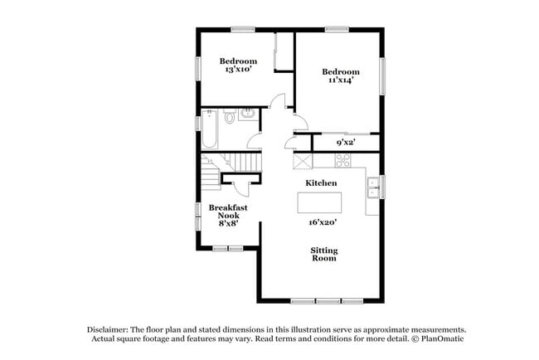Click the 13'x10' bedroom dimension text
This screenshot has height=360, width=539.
click(x=237, y=71)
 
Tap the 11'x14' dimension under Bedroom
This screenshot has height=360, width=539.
click(x=341, y=81)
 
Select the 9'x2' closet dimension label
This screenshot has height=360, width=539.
click(x=346, y=143)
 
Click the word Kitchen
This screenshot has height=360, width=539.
click(x=321, y=182)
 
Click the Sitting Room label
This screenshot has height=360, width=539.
click(x=323, y=254)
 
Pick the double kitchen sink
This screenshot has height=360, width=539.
click(x=374, y=187)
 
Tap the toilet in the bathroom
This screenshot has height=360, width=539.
click(x=230, y=117)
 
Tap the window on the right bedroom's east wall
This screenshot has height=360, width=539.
click(x=382, y=76)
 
